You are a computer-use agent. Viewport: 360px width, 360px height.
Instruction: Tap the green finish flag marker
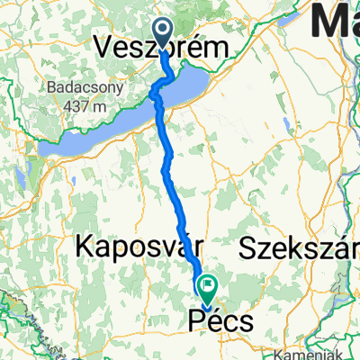click(208, 290)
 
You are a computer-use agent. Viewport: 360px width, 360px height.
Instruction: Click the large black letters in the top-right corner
click(338, 20)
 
